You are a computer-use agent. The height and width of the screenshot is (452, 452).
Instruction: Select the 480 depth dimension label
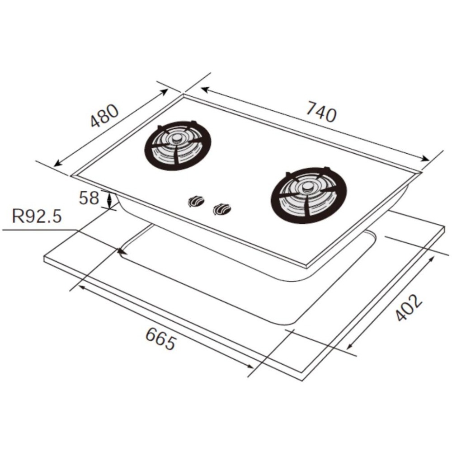104,115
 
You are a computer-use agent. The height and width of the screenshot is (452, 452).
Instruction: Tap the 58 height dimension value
89,198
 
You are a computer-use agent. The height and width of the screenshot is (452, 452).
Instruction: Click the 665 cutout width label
160,339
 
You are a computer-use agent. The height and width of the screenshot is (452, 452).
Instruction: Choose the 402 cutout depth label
409,307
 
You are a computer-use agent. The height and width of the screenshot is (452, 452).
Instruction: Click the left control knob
196,201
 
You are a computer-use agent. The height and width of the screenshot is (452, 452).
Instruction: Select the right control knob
221,209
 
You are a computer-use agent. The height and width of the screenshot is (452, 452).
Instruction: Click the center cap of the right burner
307,188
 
